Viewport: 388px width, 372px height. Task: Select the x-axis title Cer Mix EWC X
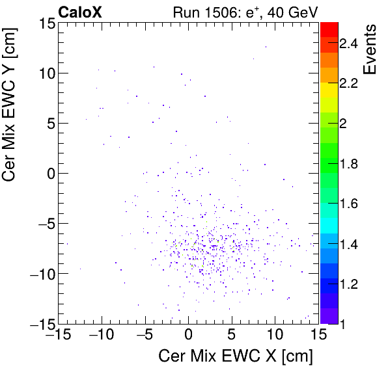click(236, 356)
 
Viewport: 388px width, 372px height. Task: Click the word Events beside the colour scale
click(372, 49)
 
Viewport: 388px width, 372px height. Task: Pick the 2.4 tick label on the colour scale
click(348, 44)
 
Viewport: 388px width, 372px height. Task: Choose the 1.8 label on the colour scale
click(348, 164)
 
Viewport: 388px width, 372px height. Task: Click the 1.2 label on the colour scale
click(348, 284)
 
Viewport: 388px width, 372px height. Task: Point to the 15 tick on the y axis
click(45, 23)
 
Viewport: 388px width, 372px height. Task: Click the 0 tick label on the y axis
click(49, 174)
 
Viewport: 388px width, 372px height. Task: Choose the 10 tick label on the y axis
click(45, 73)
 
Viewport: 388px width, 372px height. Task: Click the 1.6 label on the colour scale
click(348, 204)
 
